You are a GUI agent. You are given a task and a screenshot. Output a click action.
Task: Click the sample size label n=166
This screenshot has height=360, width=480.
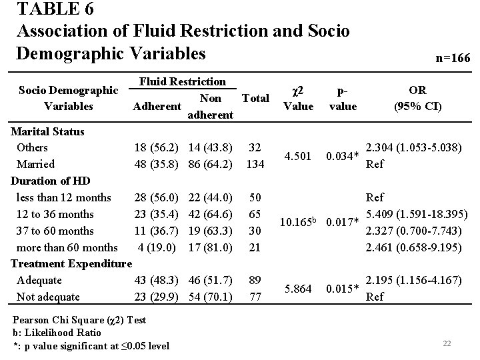coord(453,59)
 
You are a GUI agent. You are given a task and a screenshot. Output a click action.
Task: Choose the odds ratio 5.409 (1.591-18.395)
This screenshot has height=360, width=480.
coord(417,214)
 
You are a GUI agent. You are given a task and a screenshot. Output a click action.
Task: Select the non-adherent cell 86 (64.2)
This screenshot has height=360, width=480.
coord(210,164)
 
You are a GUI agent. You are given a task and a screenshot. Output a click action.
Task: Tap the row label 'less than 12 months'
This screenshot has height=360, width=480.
coord(65,197)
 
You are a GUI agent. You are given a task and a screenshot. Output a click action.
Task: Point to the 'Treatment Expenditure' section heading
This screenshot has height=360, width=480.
coord(71,264)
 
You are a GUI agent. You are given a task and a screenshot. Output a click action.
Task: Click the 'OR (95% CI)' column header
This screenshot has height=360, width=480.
coord(418,98)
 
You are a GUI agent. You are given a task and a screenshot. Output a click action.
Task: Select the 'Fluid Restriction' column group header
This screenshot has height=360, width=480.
coord(182,81)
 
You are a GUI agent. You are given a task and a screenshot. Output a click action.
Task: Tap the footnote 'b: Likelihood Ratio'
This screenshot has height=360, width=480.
coord(57,332)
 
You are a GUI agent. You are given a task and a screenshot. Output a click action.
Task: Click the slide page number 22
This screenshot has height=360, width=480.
coord(447,343)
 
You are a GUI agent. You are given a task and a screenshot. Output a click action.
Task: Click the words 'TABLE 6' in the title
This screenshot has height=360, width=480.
coord(55,10)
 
